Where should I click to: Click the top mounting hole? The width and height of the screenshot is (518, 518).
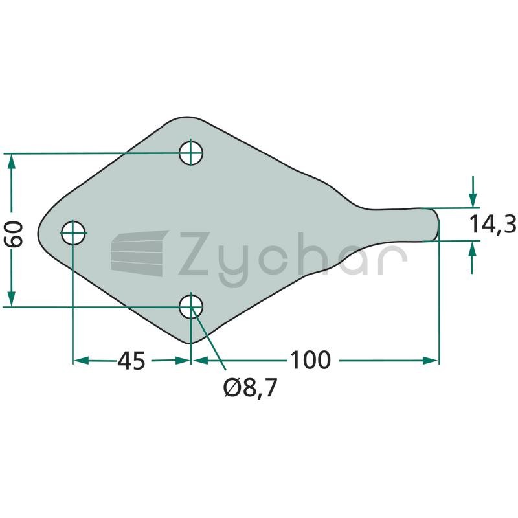click(x=190, y=153)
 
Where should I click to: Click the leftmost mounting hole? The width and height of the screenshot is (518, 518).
click(x=73, y=232)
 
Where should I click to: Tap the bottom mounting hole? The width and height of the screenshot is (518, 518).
click(x=190, y=306)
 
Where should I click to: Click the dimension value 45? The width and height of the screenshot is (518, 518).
click(x=131, y=361)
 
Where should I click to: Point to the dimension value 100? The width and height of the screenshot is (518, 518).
click(x=310, y=360)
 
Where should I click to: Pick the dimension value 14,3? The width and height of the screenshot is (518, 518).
click(x=493, y=224)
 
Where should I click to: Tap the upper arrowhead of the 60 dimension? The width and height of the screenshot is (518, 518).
click(x=11, y=162)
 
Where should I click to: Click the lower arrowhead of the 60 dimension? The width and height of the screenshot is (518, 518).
click(x=11, y=298)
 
